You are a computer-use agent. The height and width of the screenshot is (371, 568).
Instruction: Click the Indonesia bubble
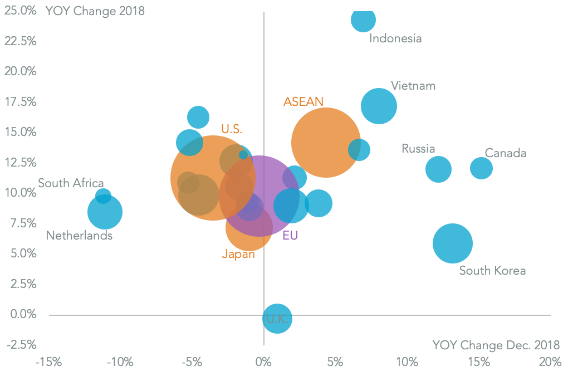pos(363,19)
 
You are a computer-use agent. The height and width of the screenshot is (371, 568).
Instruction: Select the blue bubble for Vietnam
pos(379,106)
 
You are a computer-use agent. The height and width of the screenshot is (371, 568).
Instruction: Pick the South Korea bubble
pos(453,243)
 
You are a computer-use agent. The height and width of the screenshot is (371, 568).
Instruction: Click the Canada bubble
pos(481,168)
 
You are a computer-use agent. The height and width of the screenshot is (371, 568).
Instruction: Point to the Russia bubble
pos(438,169)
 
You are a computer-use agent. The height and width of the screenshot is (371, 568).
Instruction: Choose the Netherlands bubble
pos(105,212)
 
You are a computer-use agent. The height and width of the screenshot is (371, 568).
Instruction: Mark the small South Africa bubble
pos(103,196)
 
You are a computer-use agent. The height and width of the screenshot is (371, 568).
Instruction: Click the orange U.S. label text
pos(232,129)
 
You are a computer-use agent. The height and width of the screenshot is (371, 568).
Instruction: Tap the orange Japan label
pos(238,255)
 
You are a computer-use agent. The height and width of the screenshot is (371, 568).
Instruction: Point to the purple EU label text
pos(290,236)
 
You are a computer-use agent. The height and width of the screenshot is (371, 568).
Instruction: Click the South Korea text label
pos(492,271)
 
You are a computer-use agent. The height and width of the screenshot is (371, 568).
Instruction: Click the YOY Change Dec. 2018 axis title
pos(496,345)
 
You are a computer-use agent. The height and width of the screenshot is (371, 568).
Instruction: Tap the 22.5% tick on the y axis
pos(20,41)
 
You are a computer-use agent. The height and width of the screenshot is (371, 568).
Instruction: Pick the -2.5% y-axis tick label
pos(20,344)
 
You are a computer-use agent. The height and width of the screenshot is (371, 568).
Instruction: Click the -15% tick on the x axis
pos(48,362)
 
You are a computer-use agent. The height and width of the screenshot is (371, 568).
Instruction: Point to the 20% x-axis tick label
pos(550,362)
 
